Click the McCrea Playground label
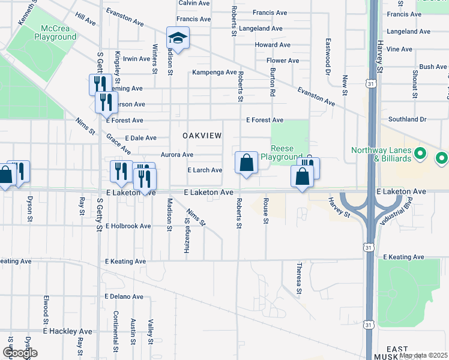click(59, 32)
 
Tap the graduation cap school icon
click(178, 38)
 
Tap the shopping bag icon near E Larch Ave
click(246, 163)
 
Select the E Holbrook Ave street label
click(128, 226)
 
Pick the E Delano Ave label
click(124, 296)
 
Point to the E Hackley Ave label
click(67, 331)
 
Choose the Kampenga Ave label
click(214, 73)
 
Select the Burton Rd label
click(273, 82)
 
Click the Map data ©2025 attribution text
click(423, 355)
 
